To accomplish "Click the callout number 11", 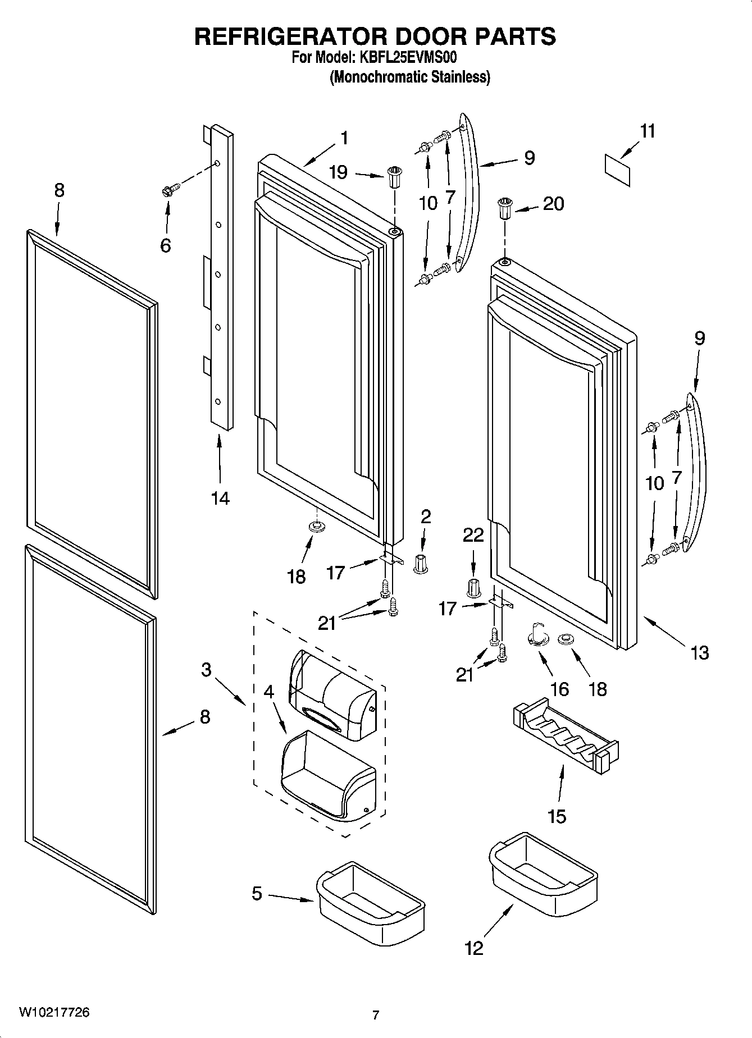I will pyautogui.click(x=647, y=131).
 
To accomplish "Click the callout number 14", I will pyautogui.click(x=220, y=498).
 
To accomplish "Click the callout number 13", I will pyautogui.click(x=700, y=653).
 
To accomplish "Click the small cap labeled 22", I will pyautogui.click(x=473, y=587).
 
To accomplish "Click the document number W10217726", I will pyautogui.click(x=54, y=1012).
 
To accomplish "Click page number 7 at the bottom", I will pyautogui.click(x=376, y=1015).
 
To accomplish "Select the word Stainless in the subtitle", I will pyautogui.click(x=460, y=77).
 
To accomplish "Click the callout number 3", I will pyautogui.click(x=206, y=670).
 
